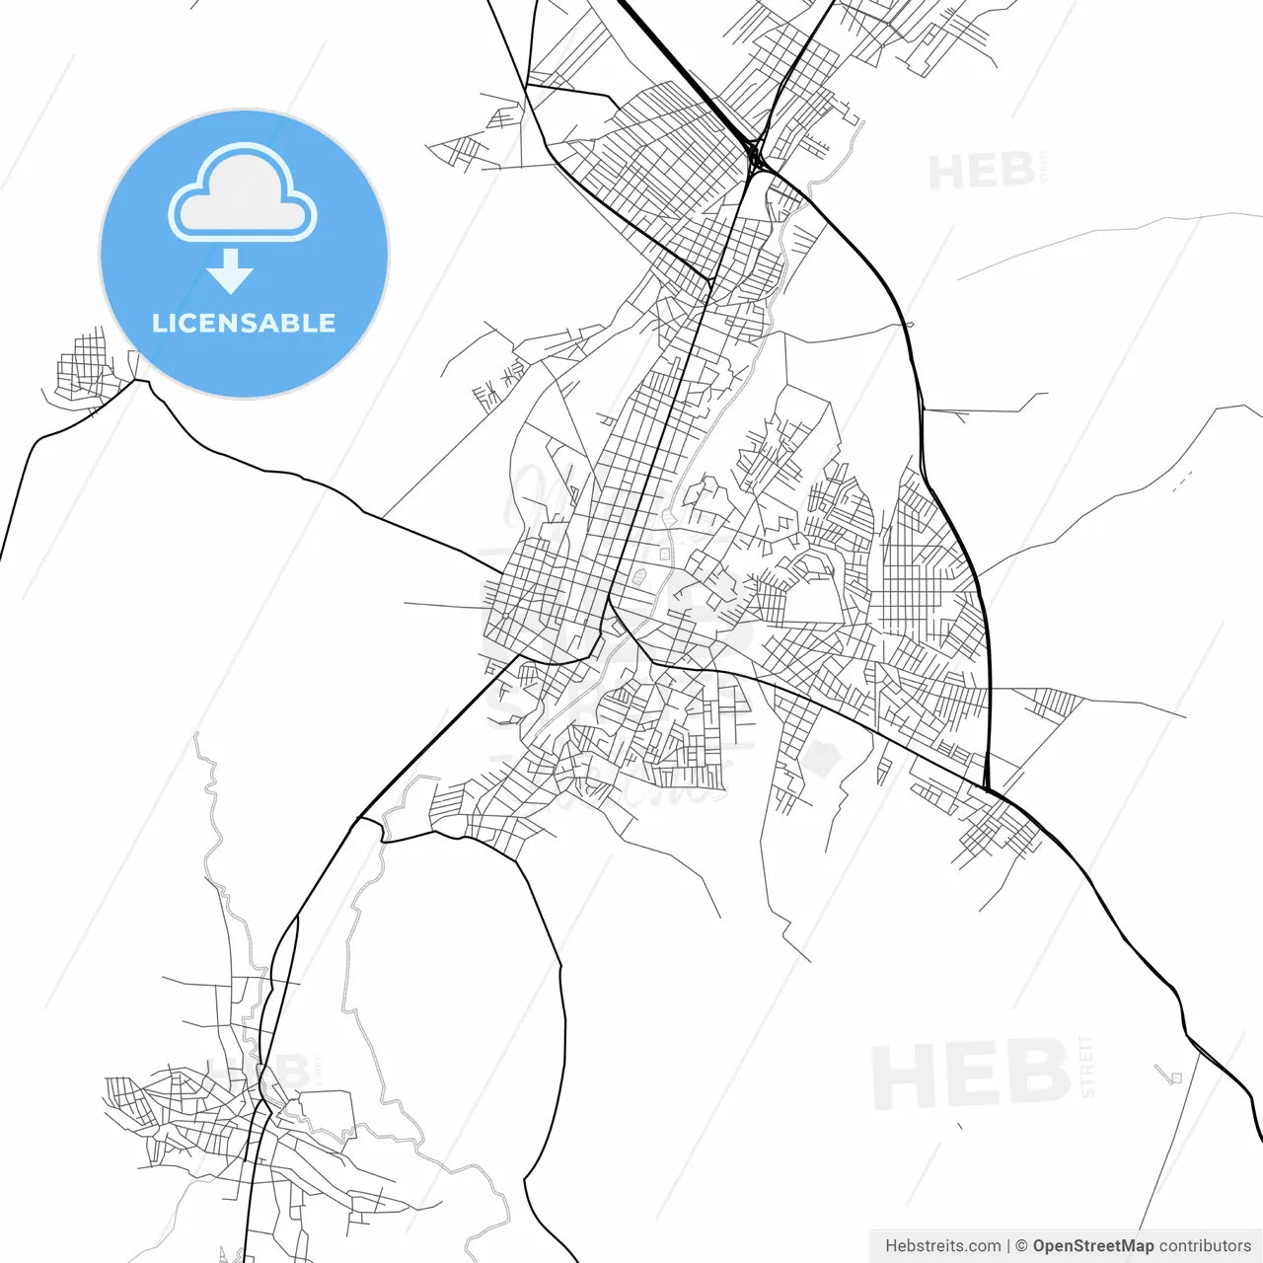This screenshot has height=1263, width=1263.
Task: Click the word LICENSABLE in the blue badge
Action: (x=244, y=323)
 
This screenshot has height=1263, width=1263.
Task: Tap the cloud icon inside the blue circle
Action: (x=243, y=194)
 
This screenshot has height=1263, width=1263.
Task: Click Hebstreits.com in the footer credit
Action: (x=942, y=1246)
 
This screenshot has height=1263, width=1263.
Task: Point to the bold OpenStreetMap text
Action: (x=1093, y=1246)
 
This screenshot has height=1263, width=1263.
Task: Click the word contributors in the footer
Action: (x=1205, y=1246)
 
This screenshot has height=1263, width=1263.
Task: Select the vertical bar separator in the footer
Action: (x=1008, y=1246)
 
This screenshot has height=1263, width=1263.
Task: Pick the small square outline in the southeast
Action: (x=1175, y=1077)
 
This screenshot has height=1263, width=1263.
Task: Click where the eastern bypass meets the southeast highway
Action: (x=987, y=789)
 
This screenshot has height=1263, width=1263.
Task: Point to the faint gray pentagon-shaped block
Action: (x=822, y=758)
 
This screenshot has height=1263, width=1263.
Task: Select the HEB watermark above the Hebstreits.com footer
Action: (x=972, y=1073)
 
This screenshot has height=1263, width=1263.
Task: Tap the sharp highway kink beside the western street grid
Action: (x=148, y=383)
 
